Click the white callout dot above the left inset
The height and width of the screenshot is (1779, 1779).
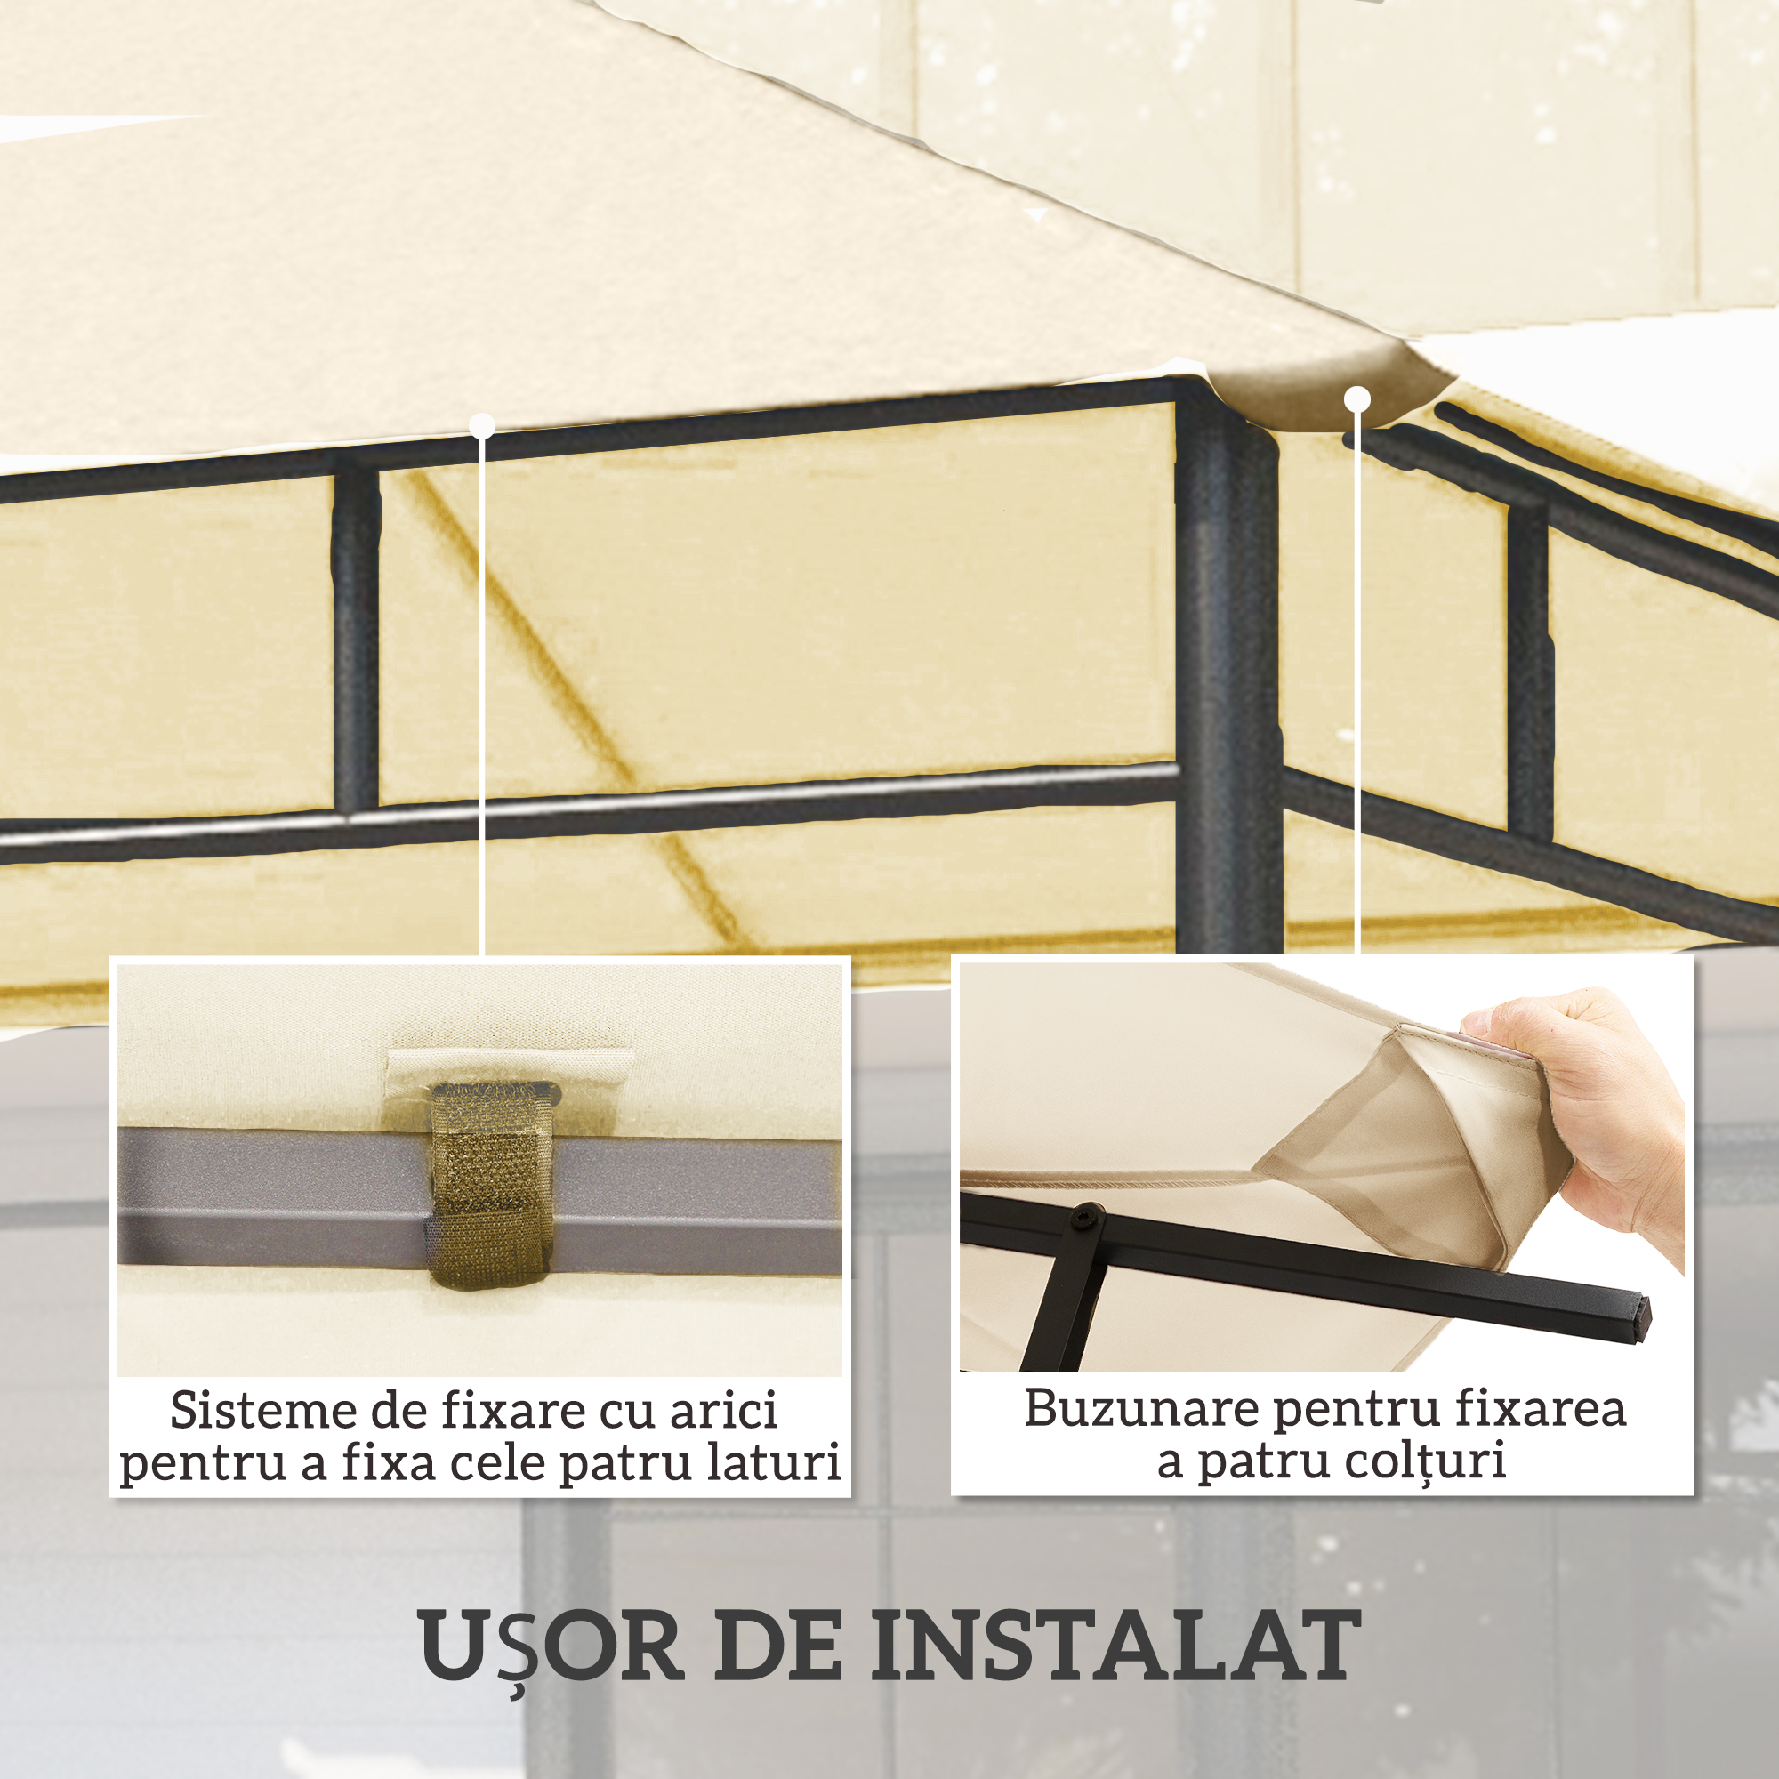[x=482, y=425]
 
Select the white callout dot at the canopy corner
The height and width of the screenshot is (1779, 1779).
[x=1357, y=399]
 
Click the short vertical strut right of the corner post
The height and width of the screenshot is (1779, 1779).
[x=1528, y=672]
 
